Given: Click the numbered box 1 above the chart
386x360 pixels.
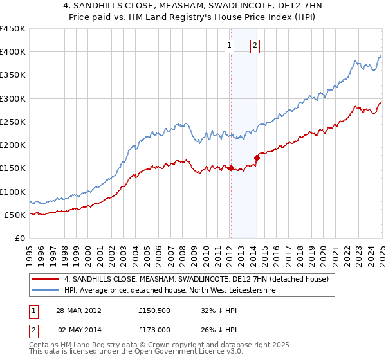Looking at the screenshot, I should (x=230, y=45).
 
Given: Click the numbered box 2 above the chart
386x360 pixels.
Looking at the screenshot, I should (x=255, y=45).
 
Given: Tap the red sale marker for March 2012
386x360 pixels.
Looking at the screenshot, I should (x=231, y=168).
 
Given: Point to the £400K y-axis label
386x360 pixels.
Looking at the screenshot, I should (x=14, y=52).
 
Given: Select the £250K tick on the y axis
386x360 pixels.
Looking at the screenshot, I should (x=14, y=122).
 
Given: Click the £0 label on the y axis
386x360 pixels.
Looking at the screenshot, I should (x=20, y=238).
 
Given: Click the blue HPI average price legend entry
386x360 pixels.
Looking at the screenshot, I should (x=170, y=291).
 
